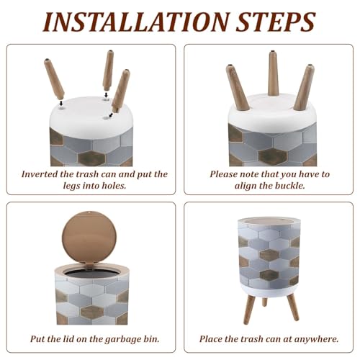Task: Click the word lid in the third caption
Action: click(x=68, y=339)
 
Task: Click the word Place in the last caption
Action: click(x=212, y=339)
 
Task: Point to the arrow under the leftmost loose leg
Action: click(x=61, y=103)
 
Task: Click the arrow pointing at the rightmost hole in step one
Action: click(x=111, y=115)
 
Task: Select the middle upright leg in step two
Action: click(x=273, y=73)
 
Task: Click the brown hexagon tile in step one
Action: click(x=92, y=158)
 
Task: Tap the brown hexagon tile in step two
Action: click(x=273, y=156)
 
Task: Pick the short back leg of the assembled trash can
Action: click(x=264, y=302)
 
